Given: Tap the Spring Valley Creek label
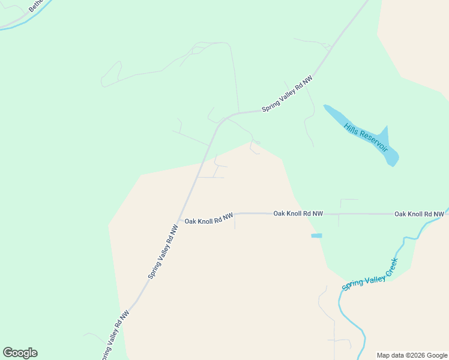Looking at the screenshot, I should coord(370,274).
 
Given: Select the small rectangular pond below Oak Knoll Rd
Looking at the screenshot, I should coord(316,236).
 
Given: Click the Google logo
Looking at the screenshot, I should coord(20,353).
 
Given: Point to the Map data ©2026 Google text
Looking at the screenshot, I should coord(412,355).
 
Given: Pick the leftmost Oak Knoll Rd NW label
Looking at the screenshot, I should coord(208,220).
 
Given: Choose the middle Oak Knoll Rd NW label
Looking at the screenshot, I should coord(298,214).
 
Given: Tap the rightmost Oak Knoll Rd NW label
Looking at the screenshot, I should coord(418,214).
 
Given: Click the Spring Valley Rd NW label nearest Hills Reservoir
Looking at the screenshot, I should coord(287,94).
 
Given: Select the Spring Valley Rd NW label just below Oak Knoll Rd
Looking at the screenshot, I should coord(163,252).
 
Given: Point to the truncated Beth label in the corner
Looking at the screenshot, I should coord(37,6).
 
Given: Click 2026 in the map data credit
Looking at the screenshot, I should coord(416,355).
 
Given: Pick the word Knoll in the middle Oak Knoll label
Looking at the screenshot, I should coord(297,214).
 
